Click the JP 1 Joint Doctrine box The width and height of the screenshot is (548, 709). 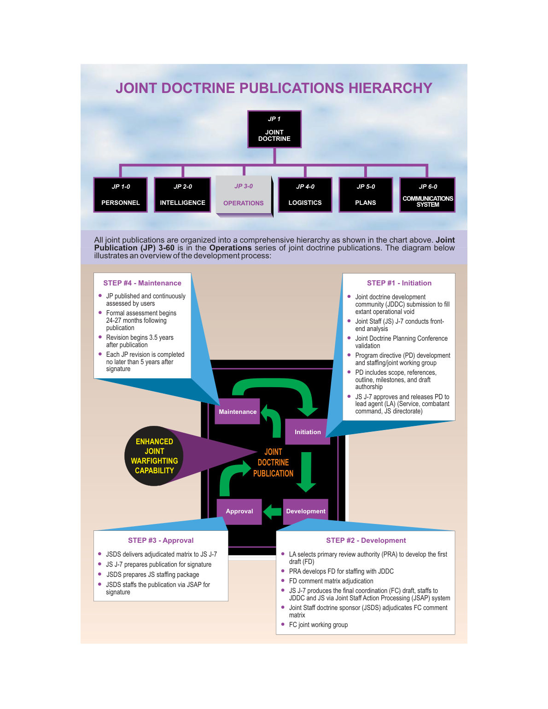pyautogui.click(x=274, y=129)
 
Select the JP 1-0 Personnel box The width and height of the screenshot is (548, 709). pyautogui.click(x=121, y=195)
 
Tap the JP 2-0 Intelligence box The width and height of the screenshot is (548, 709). pyautogui.click(x=182, y=195)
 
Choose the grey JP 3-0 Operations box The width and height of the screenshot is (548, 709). pyautogui.click(x=244, y=195)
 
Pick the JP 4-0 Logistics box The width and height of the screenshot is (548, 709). pyautogui.click(x=305, y=195)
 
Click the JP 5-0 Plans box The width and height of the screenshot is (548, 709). pyautogui.click(x=366, y=195)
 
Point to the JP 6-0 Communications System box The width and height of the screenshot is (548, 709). pyautogui.click(x=427, y=195)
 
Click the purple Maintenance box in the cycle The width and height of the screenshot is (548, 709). pyautogui.click(x=237, y=411)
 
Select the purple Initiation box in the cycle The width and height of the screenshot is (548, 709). pyautogui.click(x=308, y=431)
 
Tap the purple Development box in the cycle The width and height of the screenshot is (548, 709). pyautogui.click(x=305, y=511)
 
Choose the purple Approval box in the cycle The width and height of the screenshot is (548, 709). pyautogui.click(x=239, y=511)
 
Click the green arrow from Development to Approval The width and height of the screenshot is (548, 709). pyautogui.click(x=272, y=511)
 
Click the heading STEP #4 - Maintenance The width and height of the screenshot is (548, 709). pyautogui.click(x=142, y=283)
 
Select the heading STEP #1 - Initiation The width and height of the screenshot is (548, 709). pyautogui.click(x=399, y=283)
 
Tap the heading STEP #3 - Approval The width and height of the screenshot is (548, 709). pyautogui.click(x=161, y=540)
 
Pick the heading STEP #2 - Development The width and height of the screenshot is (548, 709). pyautogui.click(x=366, y=540)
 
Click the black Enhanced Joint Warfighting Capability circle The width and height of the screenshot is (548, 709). pyautogui.click(x=154, y=455)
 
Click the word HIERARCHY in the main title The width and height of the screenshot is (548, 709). pyautogui.click(x=391, y=88)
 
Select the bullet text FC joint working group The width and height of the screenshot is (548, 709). pyautogui.click(x=318, y=624)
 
